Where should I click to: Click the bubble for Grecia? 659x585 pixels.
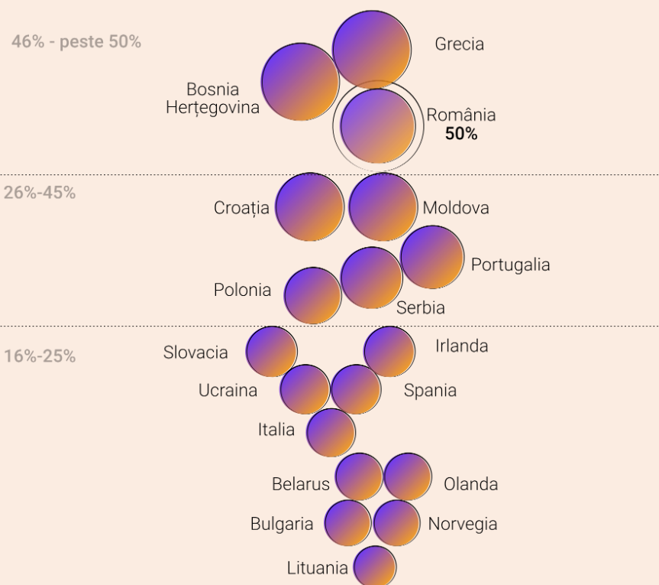pyautogui.click(x=370, y=48)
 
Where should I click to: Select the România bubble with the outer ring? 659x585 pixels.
pyautogui.click(x=378, y=126)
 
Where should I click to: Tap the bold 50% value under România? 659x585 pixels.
pyautogui.click(x=461, y=134)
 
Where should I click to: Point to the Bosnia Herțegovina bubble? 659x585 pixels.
pyautogui.click(x=300, y=82)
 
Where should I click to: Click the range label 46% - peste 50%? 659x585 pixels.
pyautogui.click(x=76, y=41)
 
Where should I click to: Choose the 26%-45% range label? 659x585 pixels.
pyautogui.click(x=40, y=193)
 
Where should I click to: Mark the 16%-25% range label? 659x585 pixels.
pyautogui.click(x=40, y=356)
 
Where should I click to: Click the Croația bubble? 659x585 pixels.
pyautogui.click(x=309, y=207)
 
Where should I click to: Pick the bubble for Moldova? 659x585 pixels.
pyautogui.click(x=383, y=207)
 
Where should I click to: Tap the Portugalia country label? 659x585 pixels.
pyautogui.click(x=510, y=265)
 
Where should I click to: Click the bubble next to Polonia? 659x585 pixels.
pyautogui.click(x=312, y=294)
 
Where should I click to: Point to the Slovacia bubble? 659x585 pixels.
pyautogui.click(x=271, y=352)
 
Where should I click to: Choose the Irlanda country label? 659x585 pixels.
pyautogui.click(x=461, y=346)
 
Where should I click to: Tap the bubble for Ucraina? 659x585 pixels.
pyautogui.click(x=305, y=389)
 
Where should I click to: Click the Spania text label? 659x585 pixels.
pyautogui.click(x=430, y=391)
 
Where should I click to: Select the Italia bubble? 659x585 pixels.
pyautogui.click(x=331, y=432)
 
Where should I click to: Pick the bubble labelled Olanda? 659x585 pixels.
pyautogui.click(x=408, y=477)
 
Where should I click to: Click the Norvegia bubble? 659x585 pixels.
pyautogui.click(x=397, y=524)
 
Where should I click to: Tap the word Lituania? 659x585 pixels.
pyautogui.click(x=317, y=568)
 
